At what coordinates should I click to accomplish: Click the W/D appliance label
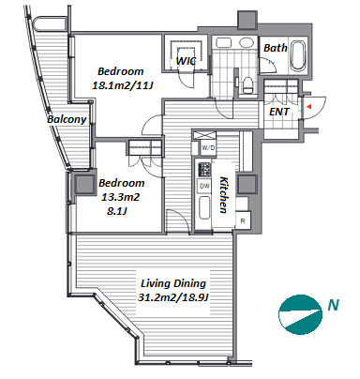click(208, 148)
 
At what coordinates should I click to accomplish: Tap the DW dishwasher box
click(204, 187)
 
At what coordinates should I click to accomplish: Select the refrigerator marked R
click(243, 220)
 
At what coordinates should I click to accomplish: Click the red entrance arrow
click(308, 107)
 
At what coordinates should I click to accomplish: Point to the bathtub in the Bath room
click(297, 55)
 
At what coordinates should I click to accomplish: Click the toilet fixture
click(247, 85)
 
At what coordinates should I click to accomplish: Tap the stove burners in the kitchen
click(204, 170)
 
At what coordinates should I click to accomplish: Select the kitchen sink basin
click(205, 207)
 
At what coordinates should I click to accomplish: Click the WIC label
click(186, 61)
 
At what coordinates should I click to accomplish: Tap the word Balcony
click(67, 119)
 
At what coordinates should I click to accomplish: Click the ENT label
click(279, 112)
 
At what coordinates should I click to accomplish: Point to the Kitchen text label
click(223, 194)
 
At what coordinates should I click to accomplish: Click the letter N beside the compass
click(333, 305)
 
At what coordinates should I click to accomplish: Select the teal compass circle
click(300, 314)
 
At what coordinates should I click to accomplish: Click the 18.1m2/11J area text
click(122, 85)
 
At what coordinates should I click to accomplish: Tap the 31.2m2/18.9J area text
click(172, 297)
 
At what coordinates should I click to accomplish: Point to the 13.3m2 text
click(120, 197)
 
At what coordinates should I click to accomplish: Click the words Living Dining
click(173, 283)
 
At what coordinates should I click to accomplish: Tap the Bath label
click(275, 48)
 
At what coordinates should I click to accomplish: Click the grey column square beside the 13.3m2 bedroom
click(84, 184)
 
